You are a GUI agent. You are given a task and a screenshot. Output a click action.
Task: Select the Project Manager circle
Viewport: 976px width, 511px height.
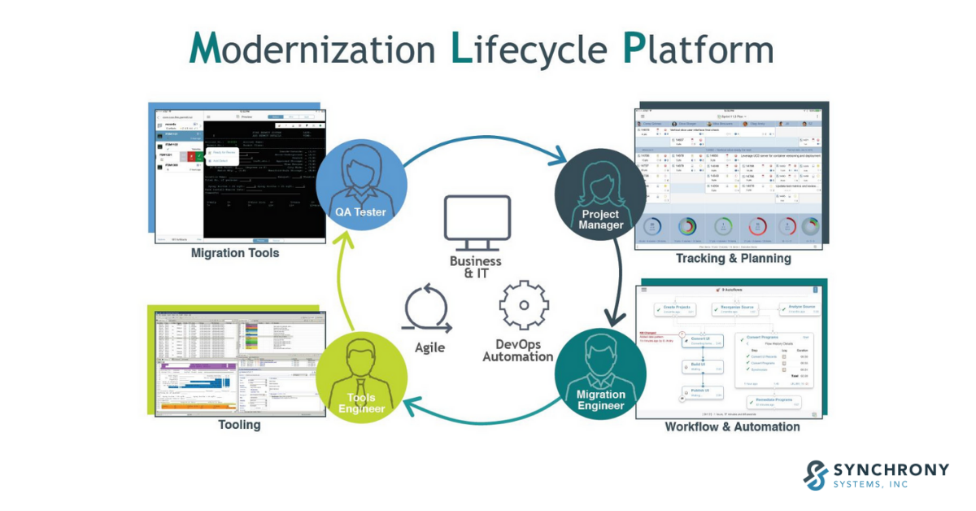[600, 194]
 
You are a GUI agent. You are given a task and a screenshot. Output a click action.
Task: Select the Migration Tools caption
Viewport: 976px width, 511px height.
[235, 253]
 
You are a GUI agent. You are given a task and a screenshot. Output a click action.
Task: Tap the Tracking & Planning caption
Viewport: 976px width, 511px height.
[733, 259]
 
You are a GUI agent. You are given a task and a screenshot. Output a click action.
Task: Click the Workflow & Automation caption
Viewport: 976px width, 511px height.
[732, 426]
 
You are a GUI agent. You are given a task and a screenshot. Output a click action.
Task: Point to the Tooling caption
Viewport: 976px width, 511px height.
[239, 425]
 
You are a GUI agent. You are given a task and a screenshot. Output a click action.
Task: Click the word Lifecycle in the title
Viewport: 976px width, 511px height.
[529, 48]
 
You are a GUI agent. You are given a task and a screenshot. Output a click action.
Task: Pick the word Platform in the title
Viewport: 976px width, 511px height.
[697, 48]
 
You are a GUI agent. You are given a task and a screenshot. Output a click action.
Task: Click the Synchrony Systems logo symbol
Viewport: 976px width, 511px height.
[816, 474]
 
